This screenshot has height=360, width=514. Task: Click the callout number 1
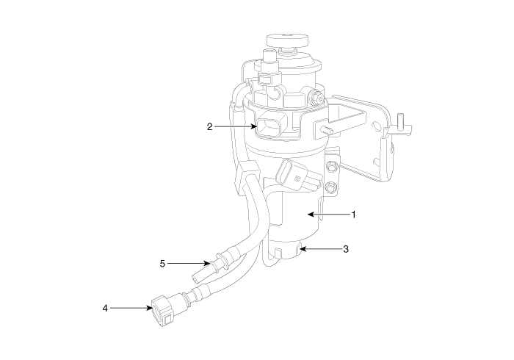tap(353, 215)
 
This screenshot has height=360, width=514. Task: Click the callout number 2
tap(210, 127)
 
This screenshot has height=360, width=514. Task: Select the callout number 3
tap(346, 249)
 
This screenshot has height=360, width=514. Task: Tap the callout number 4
tap(105, 308)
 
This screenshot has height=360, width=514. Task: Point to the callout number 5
tap(162, 264)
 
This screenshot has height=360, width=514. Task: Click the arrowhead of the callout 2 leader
tap(253, 126)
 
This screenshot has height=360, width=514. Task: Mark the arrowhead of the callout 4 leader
tap(149, 308)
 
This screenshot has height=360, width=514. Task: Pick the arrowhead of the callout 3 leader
tap(303, 249)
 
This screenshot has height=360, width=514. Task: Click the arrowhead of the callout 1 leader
tap(311, 215)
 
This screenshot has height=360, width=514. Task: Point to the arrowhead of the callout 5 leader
tap(206, 263)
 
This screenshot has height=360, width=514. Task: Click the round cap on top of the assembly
tap(288, 40)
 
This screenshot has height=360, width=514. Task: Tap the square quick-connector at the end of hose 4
tap(162, 311)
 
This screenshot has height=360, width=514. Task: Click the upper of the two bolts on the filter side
tap(331, 166)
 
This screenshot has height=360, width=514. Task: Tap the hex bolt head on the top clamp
tap(316, 98)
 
